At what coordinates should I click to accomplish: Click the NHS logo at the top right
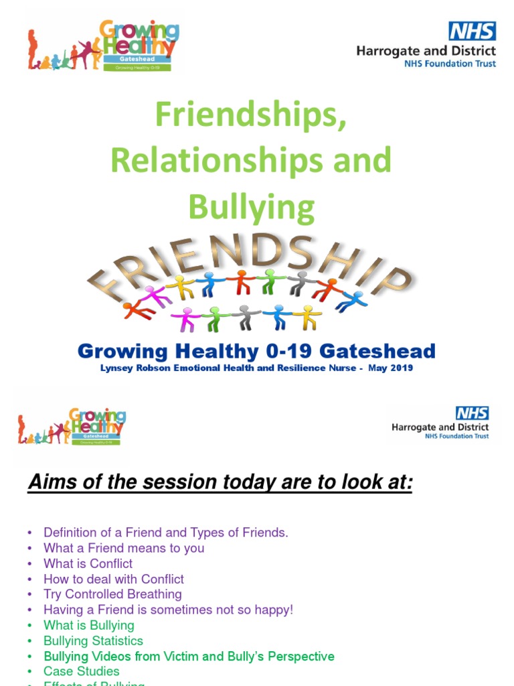[x=472, y=31]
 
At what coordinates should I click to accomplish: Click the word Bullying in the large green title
[x=251, y=207]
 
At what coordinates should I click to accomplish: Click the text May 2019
[x=391, y=368]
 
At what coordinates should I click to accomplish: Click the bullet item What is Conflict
[x=88, y=563]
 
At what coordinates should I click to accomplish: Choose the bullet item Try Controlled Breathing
[x=112, y=594]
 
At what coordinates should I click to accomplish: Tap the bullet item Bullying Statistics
[x=93, y=640]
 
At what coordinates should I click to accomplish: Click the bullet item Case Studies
[x=81, y=671]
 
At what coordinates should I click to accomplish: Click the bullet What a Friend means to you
[x=124, y=548]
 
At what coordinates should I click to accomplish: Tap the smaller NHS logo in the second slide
[x=472, y=413]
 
